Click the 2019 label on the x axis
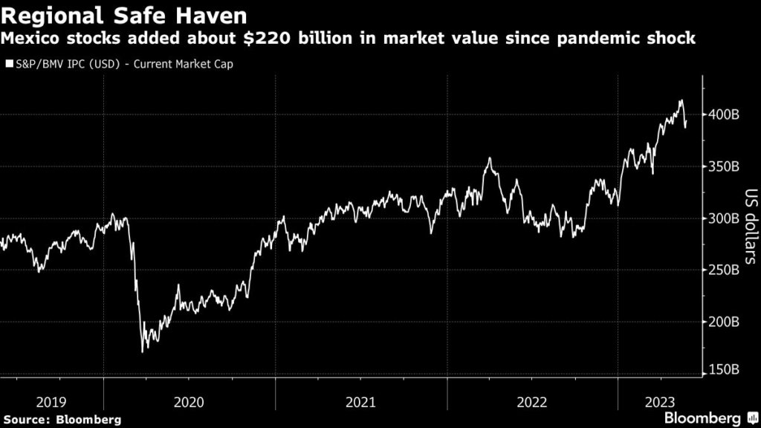pos(51,402)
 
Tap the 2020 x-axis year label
pos(189,402)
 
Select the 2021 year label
pos(361,402)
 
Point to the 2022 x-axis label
pos(533,402)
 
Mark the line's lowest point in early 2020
pos(142,351)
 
